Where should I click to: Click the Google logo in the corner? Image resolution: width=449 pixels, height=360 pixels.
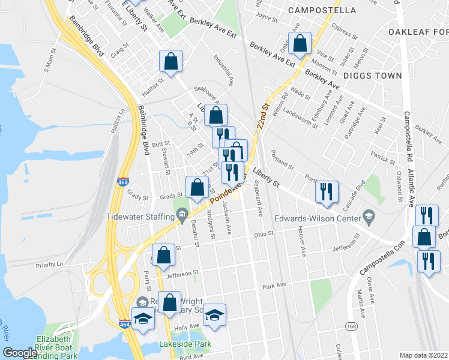point(20,353)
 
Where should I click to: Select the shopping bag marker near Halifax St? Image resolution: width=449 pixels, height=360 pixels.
point(170,62)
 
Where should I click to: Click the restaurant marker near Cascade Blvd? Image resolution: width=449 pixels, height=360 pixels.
point(327,191)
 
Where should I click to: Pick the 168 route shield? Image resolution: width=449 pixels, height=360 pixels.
point(351,325)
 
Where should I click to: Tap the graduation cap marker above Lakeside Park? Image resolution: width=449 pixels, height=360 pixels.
point(214,315)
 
